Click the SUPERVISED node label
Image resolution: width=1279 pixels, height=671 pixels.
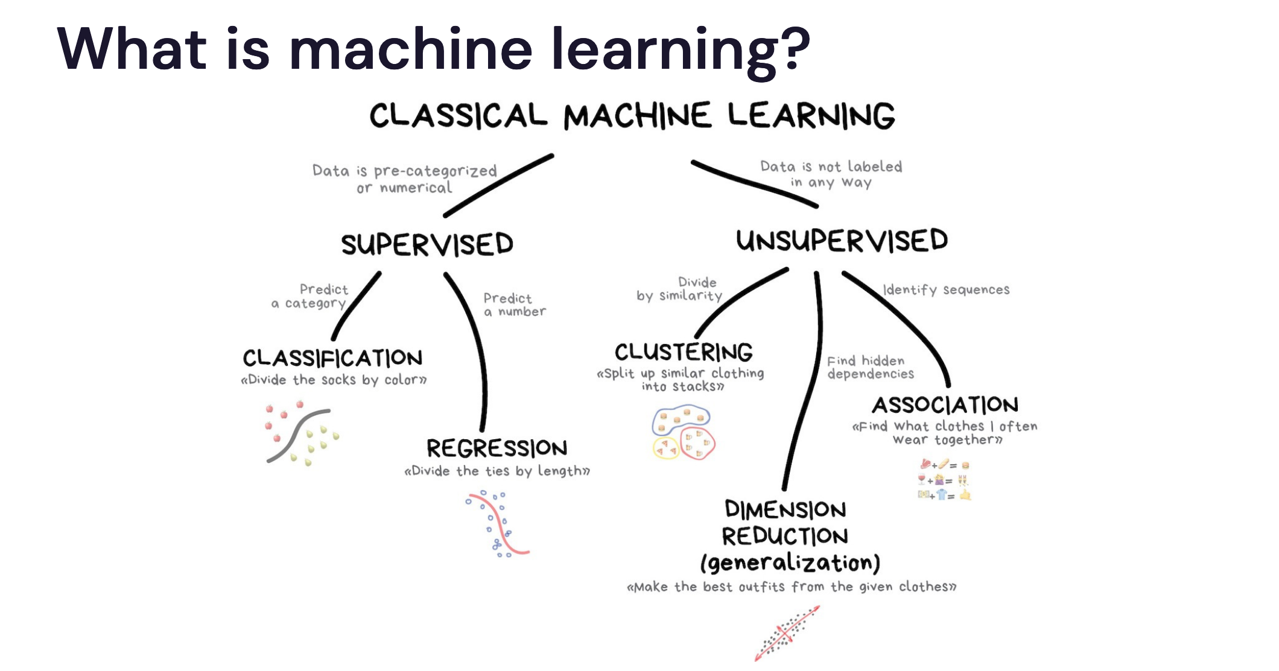click(427, 244)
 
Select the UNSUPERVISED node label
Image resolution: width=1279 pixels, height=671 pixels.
click(842, 241)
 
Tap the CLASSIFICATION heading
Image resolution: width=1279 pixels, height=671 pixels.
click(332, 358)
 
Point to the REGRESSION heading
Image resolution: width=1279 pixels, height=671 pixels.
click(497, 448)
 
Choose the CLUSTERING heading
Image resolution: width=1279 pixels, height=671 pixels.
click(684, 352)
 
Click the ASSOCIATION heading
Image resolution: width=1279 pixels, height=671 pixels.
click(945, 404)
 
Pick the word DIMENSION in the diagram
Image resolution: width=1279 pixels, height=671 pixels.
click(785, 510)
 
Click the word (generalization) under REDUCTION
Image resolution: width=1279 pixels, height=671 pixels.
click(790, 563)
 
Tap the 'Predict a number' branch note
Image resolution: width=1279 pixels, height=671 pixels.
click(514, 305)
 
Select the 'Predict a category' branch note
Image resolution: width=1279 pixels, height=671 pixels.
click(311, 296)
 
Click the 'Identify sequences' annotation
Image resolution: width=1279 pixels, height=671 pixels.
click(946, 290)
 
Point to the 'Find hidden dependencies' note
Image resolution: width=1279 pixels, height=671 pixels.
click(869, 367)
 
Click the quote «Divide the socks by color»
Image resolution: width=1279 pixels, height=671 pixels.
click(334, 380)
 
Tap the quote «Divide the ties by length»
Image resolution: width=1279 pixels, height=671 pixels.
click(497, 471)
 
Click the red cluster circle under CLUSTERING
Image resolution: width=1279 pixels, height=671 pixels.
click(697, 444)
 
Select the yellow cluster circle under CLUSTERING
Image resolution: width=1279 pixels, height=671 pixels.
click(666, 448)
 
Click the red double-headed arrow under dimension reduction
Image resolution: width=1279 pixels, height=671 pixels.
click(787, 634)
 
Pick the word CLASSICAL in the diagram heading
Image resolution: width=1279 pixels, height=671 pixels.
click(459, 116)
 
